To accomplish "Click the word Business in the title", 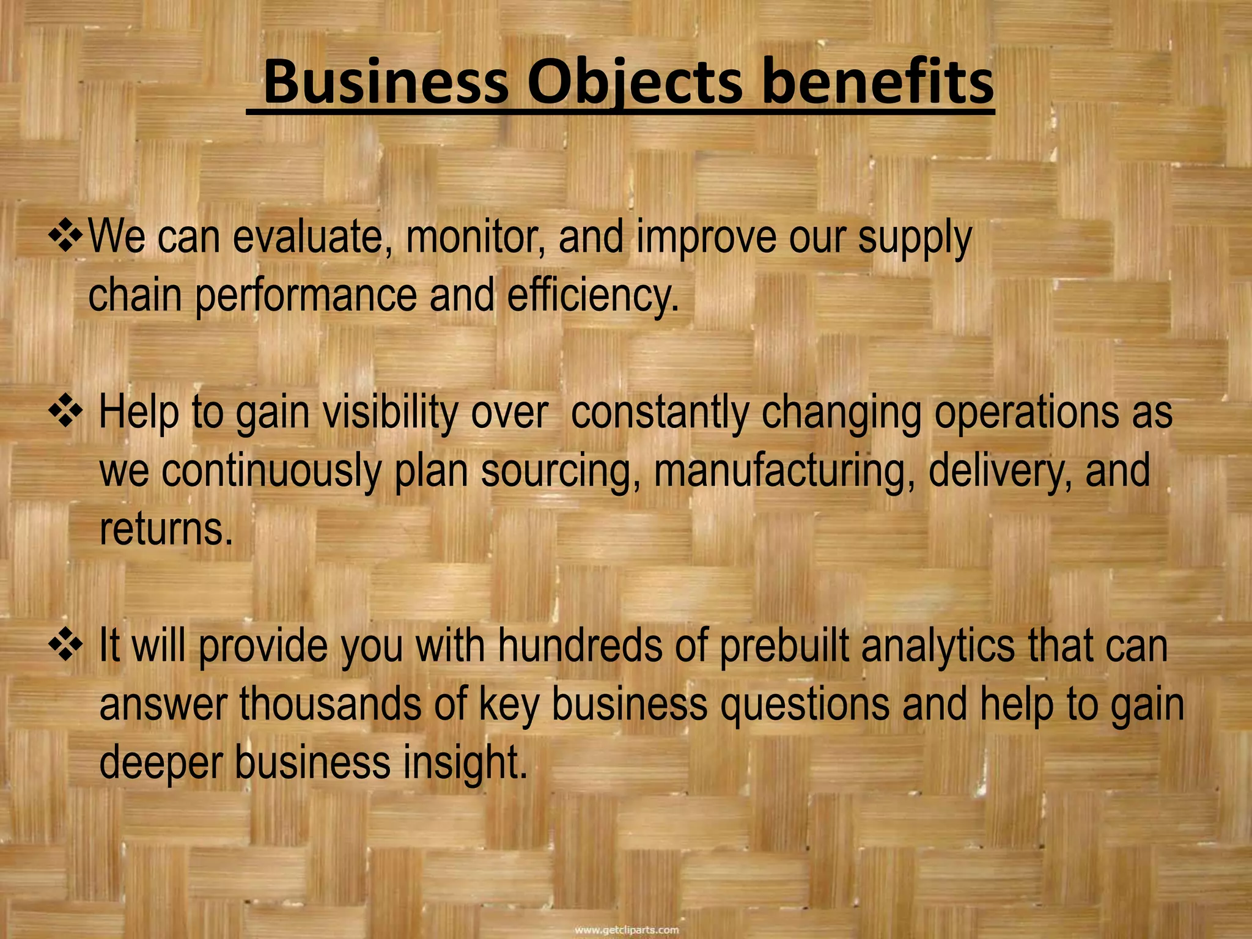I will click(x=386, y=83).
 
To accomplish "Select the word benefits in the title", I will click(x=877, y=83).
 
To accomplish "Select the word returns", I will click(x=166, y=529).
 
